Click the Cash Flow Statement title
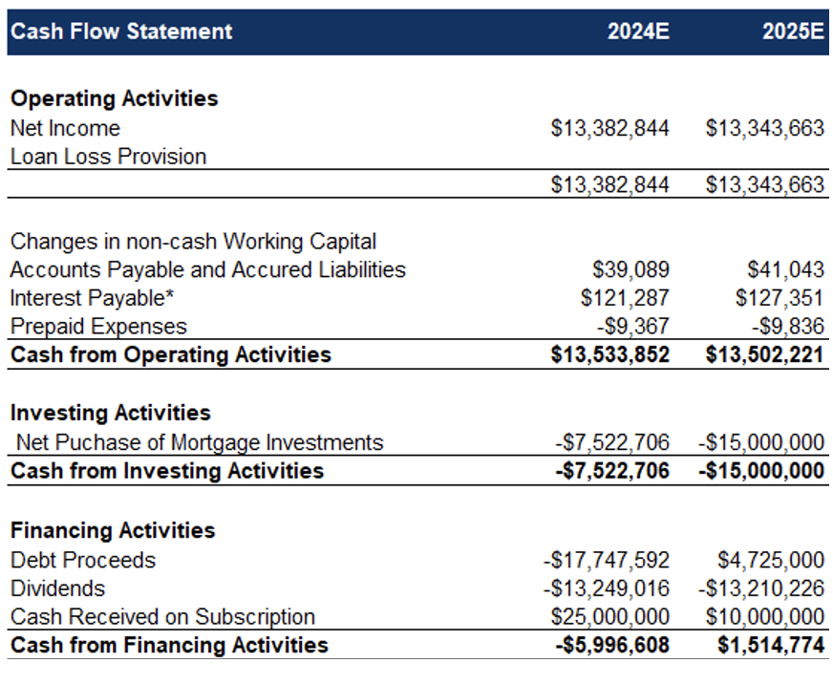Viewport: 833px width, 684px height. [121, 32]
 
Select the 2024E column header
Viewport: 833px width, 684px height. [638, 32]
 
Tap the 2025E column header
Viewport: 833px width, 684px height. [793, 32]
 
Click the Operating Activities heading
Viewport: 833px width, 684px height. [115, 98]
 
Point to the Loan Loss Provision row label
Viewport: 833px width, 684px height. [108, 157]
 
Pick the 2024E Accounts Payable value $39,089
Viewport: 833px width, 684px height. [630, 270]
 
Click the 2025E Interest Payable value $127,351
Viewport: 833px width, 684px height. [780, 298]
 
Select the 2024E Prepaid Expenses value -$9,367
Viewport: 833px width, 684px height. [632, 327]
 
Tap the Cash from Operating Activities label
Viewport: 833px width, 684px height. [171, 354]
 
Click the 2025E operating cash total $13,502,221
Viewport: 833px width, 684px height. [764, 354]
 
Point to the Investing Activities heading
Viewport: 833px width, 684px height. [111, 413]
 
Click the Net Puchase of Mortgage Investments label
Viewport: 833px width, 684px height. [200, 442]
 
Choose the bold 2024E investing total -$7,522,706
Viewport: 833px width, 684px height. [612, 471]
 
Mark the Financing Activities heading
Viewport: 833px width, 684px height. [113, 530]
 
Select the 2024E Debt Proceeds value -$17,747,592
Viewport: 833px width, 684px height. [607, 561]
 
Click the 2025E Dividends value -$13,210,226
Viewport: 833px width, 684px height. [760, 588]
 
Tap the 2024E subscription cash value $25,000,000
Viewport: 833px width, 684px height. [609, 617]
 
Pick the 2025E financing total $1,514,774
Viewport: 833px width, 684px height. [771, 645]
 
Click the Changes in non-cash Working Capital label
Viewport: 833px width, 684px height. [193, 242]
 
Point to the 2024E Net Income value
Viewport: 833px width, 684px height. [609, 128]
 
